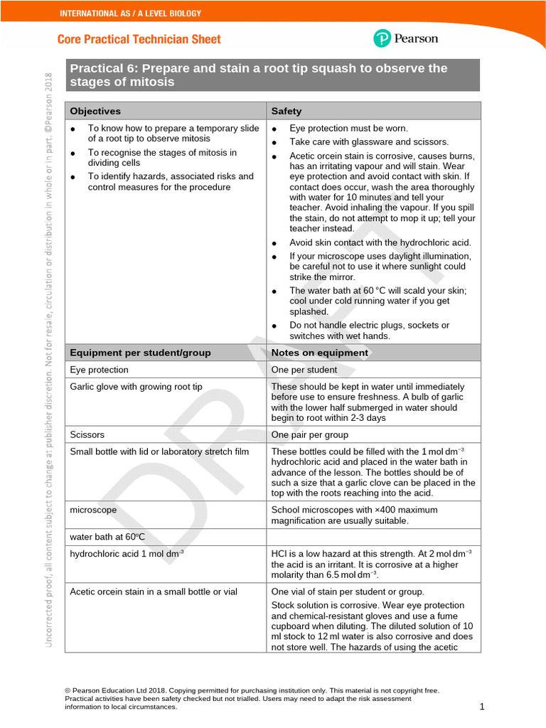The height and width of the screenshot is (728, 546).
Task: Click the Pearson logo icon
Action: pos(382,38)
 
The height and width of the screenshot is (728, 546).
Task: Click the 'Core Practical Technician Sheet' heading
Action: pos(139,39)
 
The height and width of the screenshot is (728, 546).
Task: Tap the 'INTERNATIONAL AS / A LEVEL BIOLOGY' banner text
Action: pos(130,13)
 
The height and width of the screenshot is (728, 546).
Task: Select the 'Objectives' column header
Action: pos(95,111)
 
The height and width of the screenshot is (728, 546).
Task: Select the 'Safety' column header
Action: pos(287,111)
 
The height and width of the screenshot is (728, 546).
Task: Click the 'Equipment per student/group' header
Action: pos(140,353)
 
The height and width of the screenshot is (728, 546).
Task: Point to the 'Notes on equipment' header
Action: pos(320,353)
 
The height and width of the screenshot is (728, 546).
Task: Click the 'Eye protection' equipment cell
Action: pos(100,370)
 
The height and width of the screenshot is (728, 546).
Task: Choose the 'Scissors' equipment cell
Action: pos(87,434)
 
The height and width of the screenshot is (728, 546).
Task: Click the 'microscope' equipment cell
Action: pos(93,510)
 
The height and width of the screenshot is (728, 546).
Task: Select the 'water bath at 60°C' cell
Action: pos(107,536)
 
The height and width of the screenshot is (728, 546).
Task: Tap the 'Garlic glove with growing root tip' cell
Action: pos(136,387)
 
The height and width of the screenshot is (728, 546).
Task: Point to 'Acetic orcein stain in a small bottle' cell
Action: pos(154,591)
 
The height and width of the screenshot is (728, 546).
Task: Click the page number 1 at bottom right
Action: pos(481,707)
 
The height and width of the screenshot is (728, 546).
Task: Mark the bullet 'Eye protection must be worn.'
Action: pos(348,128)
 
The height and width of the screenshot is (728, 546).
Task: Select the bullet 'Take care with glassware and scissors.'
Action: pos(368,142)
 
